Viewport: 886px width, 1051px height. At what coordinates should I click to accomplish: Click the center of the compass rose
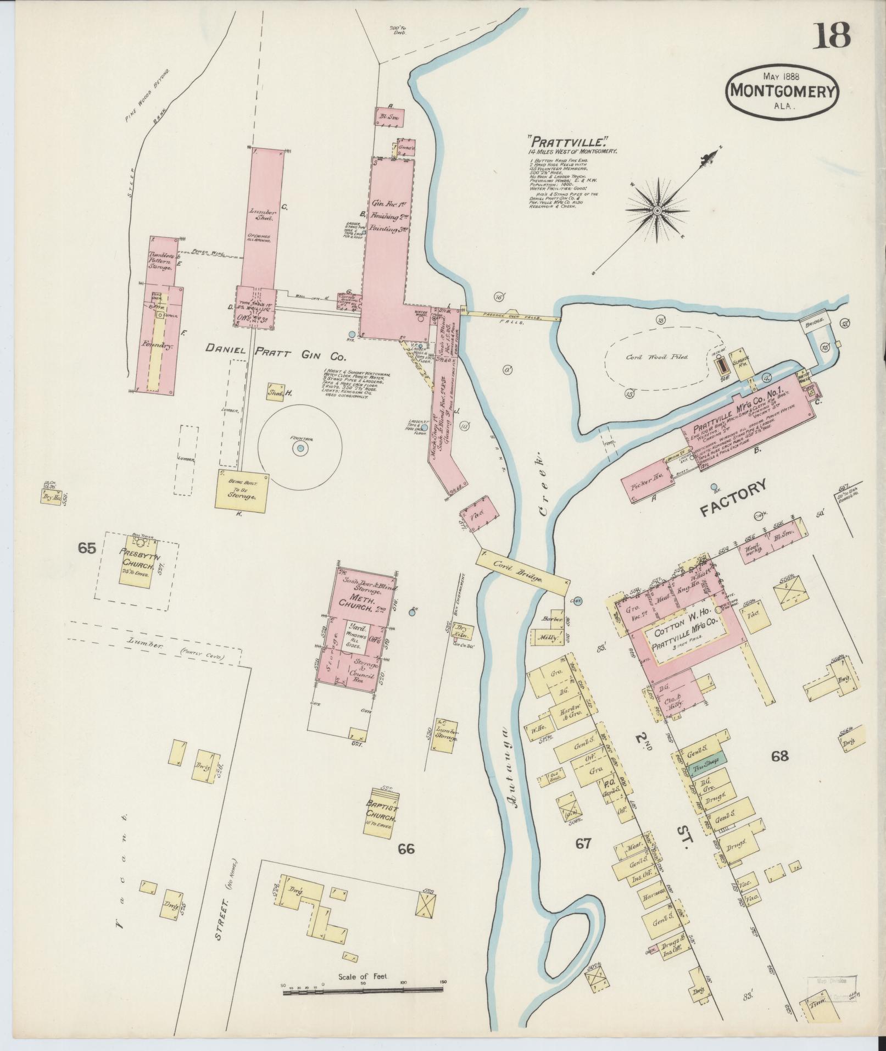[x=657, y=210]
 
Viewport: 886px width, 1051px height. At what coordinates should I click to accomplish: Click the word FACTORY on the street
[x=732, y=498]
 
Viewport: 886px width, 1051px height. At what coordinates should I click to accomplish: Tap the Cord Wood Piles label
[x=656, y=357]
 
